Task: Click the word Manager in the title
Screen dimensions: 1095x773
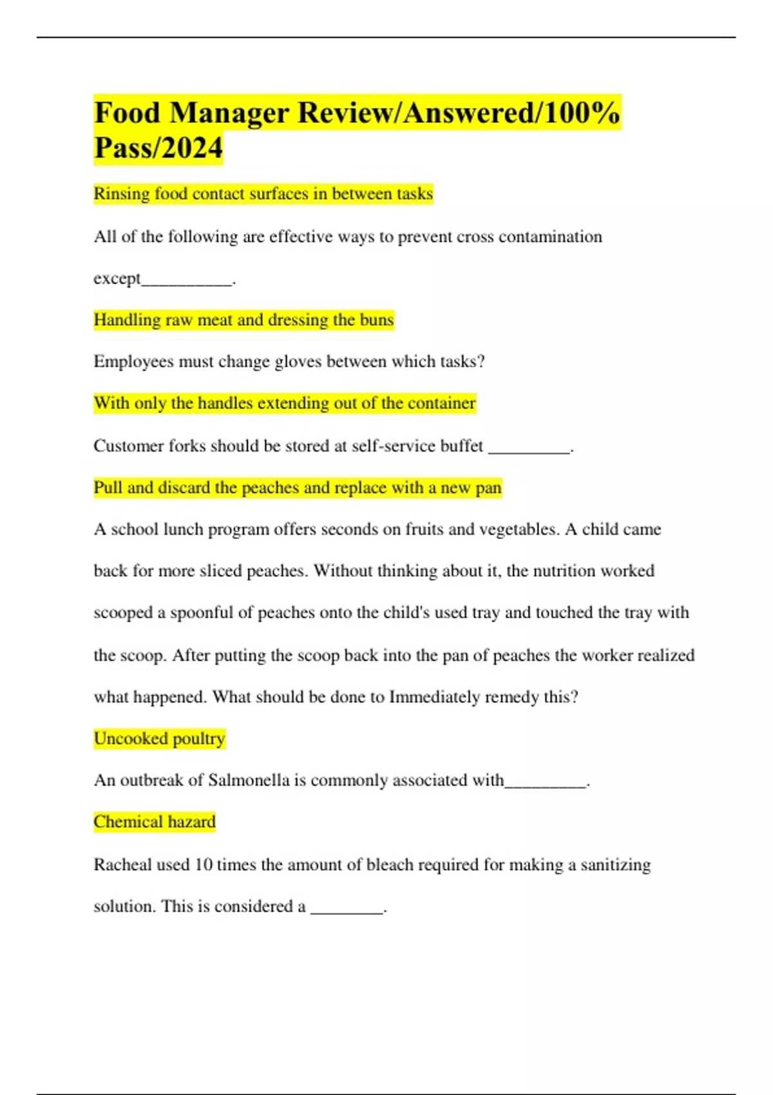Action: click(x=229, y=113)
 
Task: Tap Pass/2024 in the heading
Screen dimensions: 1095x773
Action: click(x=158, y=148)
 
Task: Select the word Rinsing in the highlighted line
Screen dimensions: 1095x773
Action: click(x=122, y=194)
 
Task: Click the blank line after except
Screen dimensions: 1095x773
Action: click(x=186, y=280)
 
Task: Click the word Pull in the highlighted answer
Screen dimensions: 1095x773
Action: click(x=108, y=488)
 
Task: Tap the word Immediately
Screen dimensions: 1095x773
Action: click(x=435, y=697)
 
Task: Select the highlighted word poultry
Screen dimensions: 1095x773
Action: click(x=199, y=739)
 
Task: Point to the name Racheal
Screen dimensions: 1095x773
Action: click(x=122, y=864)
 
